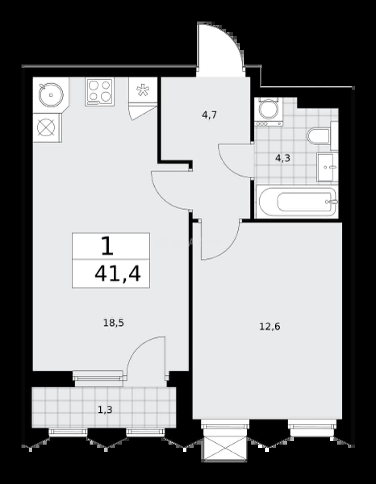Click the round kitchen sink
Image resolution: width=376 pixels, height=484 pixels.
(51, 95)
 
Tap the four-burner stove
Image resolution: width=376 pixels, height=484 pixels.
(99, 92)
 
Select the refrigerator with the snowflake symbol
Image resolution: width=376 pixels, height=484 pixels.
(143, 90)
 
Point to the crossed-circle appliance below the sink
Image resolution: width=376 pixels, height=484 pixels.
(46, 127)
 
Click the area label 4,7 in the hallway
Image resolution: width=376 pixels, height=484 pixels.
(209, 115)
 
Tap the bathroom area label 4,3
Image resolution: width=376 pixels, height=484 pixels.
(283, 159)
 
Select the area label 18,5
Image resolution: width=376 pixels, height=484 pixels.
(113, 323)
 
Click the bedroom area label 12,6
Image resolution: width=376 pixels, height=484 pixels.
(270, 326)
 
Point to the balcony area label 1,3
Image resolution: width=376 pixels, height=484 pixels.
(105, 410)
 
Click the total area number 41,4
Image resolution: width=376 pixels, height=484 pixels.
(117, 273)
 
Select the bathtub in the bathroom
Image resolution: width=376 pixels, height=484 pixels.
(297, 202)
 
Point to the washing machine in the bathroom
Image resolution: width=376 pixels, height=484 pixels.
(269, 112)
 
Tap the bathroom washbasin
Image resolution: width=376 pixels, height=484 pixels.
(327, 167)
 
